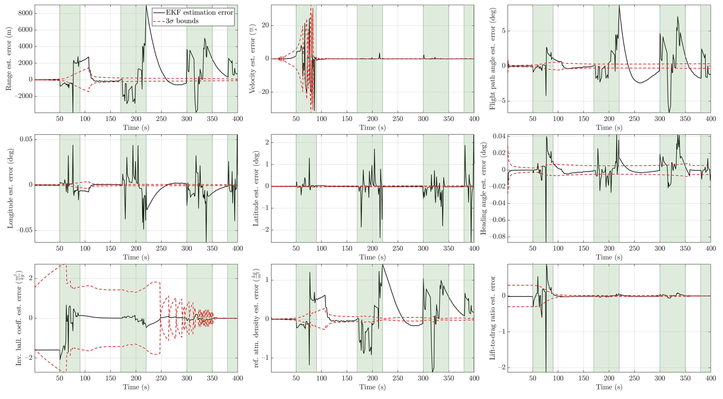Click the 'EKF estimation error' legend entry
pyautogui.click(x=199, y=12)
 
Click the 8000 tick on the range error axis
pyautogui.click(x=25, y=13)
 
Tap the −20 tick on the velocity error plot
pyautogui.click(x=263, y=92)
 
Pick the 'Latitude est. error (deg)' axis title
pyautogui.click(x=256, y=188)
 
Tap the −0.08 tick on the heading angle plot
pyautogui.click(x=497, y=236)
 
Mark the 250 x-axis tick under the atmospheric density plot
pyautogui.click(x=398, y=378)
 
